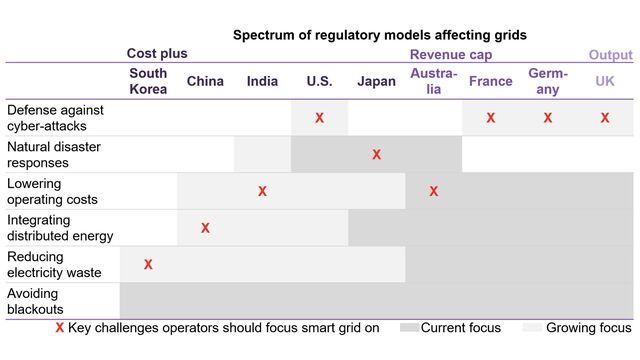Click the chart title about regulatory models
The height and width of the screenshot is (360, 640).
(x=379, y=35)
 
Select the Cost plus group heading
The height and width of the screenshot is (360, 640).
(x=157, y=54)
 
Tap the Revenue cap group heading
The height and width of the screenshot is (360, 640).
(x=451, y=54)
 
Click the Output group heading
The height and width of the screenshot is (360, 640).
(x=610, y=54)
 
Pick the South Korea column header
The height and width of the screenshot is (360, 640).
(x=148, y=81)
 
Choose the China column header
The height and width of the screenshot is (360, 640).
(x=205, y=81)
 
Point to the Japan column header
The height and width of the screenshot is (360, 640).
(x=376, y=81)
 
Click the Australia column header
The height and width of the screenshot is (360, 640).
(x=433, y=81)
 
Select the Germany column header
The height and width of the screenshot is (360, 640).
(x=548, y=81)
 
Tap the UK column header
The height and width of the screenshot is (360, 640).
(x=605, y=81)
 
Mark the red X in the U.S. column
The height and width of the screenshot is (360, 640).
(x=319, y=118)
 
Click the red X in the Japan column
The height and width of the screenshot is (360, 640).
(x=376, y=154)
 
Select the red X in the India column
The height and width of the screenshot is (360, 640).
(x=262, y=191)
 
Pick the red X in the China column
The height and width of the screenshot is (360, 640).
(x=205, y=228)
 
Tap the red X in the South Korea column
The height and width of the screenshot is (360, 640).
(x=148, y=264)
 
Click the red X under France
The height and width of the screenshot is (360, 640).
(x=490, y=118)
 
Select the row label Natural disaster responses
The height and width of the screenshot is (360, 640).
(x=52, y=154)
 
